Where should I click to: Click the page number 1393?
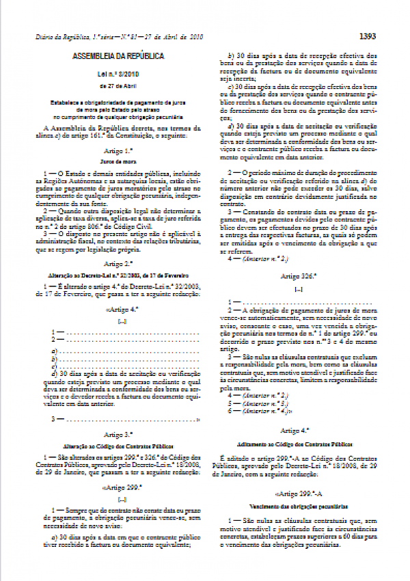(387, 36)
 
